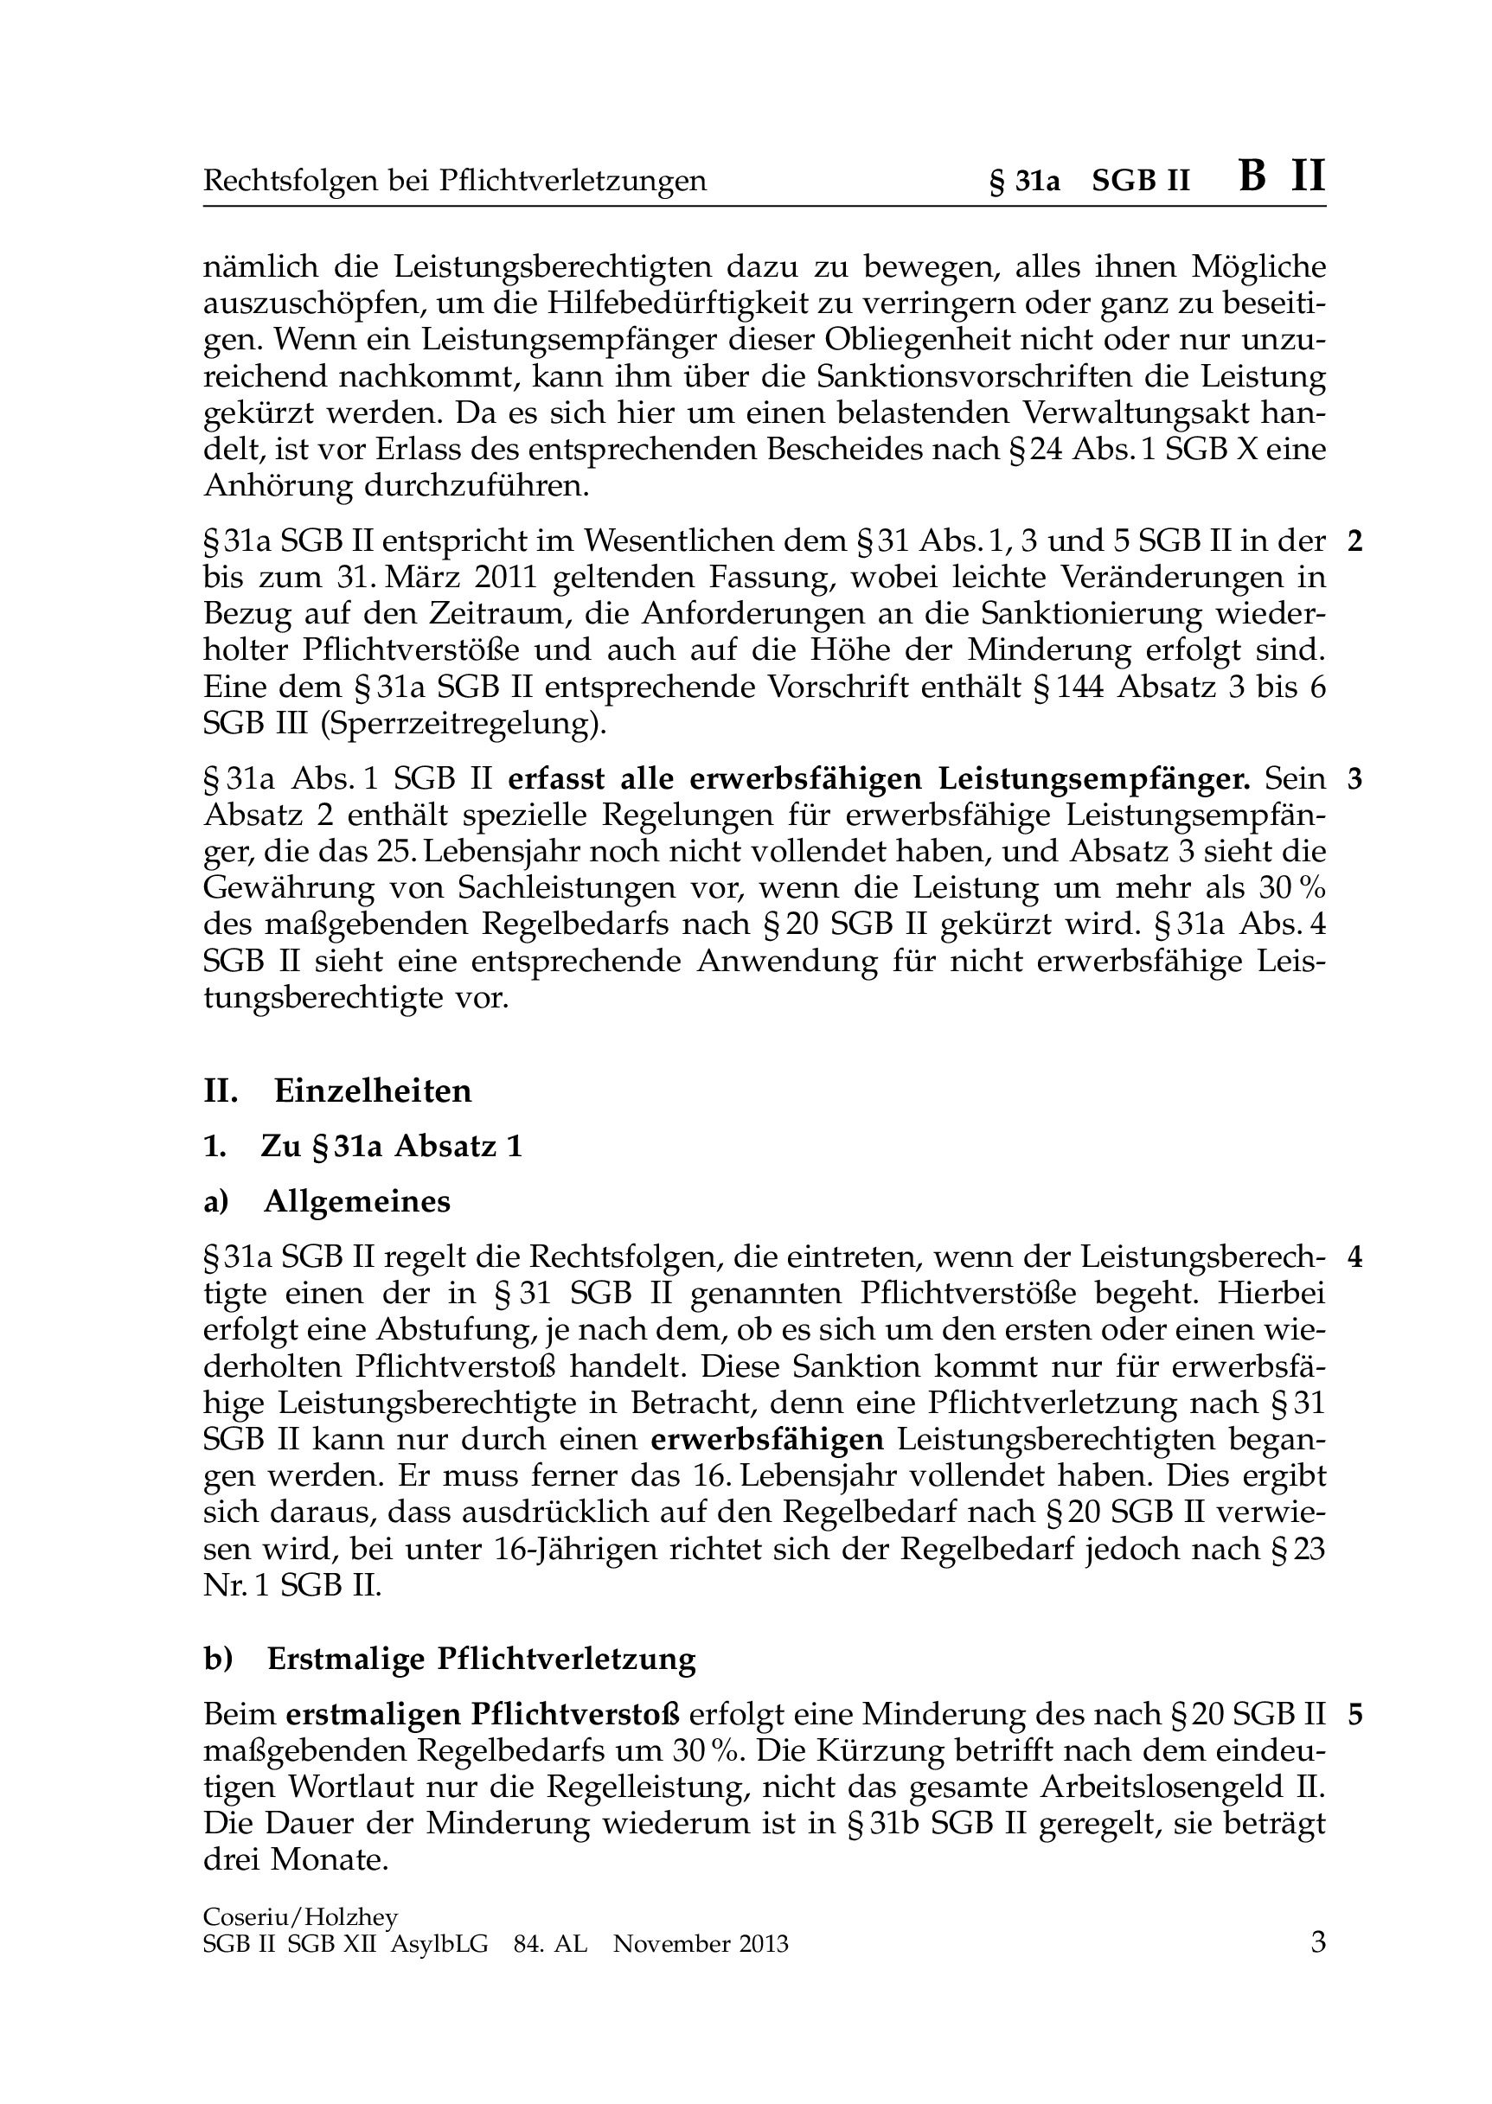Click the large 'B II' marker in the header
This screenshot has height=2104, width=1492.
point(1282,176)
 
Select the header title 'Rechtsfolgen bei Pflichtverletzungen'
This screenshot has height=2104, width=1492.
point(455,181)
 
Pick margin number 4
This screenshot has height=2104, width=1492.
point(1354,1257)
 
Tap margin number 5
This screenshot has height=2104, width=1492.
point(1354,1715)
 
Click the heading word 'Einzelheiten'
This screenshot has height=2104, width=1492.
point(373,1091)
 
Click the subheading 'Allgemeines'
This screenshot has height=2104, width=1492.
point(357,1201)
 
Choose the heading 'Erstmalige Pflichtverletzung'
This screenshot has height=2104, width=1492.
point(482,1660)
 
